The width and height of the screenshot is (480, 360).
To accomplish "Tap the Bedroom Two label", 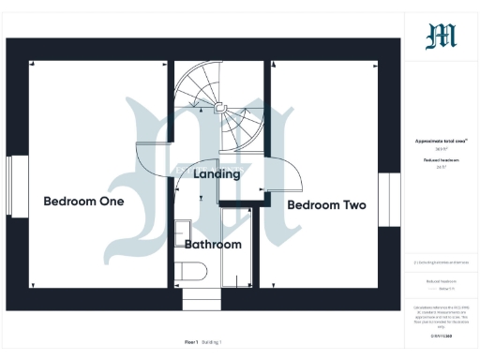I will tap(326, 204).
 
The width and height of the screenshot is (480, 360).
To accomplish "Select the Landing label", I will tap(217, 173).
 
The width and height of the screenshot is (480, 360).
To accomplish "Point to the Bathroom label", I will tap(213, 244).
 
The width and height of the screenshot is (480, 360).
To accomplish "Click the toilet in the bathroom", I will tap(191, 273).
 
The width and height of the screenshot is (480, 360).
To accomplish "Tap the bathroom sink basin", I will tap(183, 230).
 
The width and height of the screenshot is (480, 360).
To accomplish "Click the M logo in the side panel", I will tap(441, 36).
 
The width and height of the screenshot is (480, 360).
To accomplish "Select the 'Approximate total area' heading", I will tap(441, 141).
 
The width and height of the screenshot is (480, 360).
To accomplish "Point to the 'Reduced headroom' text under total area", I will tap(441, 160).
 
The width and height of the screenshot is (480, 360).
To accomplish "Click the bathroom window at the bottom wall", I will tap(201, 300).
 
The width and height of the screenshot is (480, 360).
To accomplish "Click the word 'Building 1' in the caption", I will tap(214, 342).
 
